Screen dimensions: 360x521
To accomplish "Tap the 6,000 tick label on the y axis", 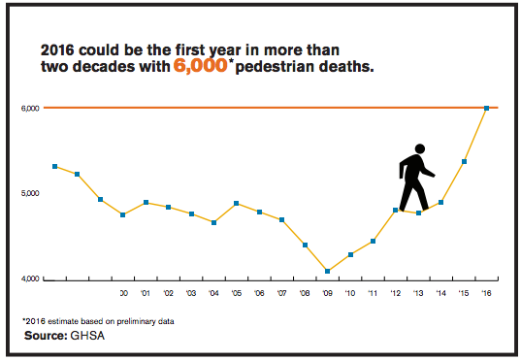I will point(29,108).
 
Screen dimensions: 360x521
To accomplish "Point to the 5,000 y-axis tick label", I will point(29,193).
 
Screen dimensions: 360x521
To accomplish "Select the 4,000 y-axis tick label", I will point(29,279).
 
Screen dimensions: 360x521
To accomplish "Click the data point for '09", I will point(327,272).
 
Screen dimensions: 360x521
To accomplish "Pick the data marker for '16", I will point(486,108).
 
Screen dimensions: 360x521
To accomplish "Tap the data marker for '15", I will point(464,161).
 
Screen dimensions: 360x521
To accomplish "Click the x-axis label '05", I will point(236,293).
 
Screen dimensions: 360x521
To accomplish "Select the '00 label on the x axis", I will point(122,293).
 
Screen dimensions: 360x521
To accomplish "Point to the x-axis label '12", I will point(395,293).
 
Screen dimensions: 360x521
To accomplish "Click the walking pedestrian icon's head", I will point(419,149).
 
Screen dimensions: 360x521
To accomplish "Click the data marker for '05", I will point(237,204).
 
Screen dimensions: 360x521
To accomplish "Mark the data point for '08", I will point(305,245).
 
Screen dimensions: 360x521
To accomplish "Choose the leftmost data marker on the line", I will point(55,166).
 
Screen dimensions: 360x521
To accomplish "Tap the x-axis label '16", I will point(486,293).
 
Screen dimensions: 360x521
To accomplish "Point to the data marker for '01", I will point(146,203).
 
